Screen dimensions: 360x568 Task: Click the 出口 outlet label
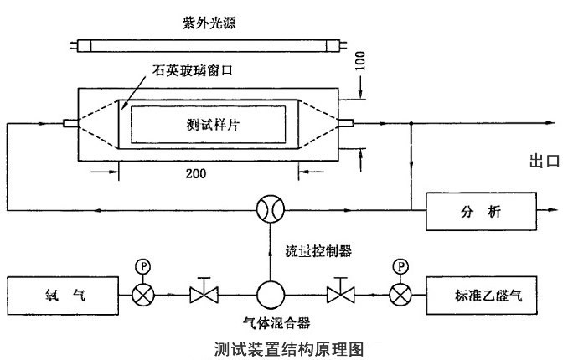point(544,162)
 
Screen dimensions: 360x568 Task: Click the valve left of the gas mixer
point(203,294)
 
